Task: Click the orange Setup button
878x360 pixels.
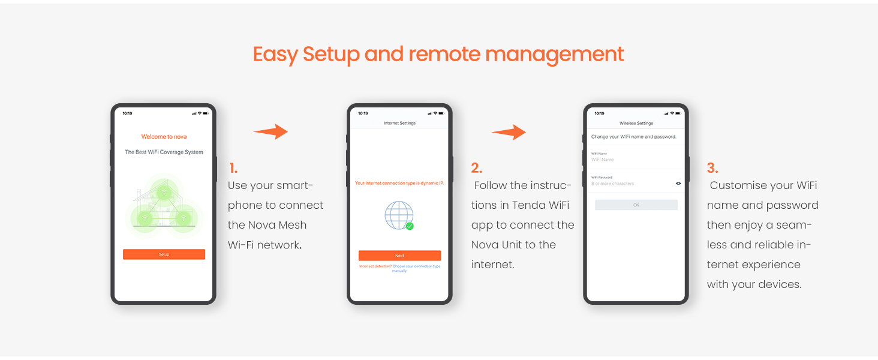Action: coord(164,254)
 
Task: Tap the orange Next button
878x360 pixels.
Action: coord(399,256)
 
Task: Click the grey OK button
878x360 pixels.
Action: coord(636,205)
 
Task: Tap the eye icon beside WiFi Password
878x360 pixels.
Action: coord(678,184)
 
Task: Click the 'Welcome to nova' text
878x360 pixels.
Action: coord(164,137)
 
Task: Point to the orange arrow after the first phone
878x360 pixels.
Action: coord(271,132)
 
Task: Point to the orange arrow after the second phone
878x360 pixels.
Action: coord(509,132)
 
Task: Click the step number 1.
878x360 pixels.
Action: coord(233,169)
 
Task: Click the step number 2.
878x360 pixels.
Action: coord(476,169)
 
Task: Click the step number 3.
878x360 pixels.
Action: coord(712,169)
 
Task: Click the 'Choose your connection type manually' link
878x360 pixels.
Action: coord(416,268)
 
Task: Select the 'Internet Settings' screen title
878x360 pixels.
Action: coord(399,123)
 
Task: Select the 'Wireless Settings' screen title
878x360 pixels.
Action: coord(636,123)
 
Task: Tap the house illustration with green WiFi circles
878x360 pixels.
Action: coord(164,204)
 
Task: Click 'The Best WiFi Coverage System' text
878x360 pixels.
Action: coord(164,152)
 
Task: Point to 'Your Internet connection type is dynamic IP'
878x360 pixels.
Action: coord(399,183)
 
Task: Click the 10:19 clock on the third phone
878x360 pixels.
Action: coord(599,113)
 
